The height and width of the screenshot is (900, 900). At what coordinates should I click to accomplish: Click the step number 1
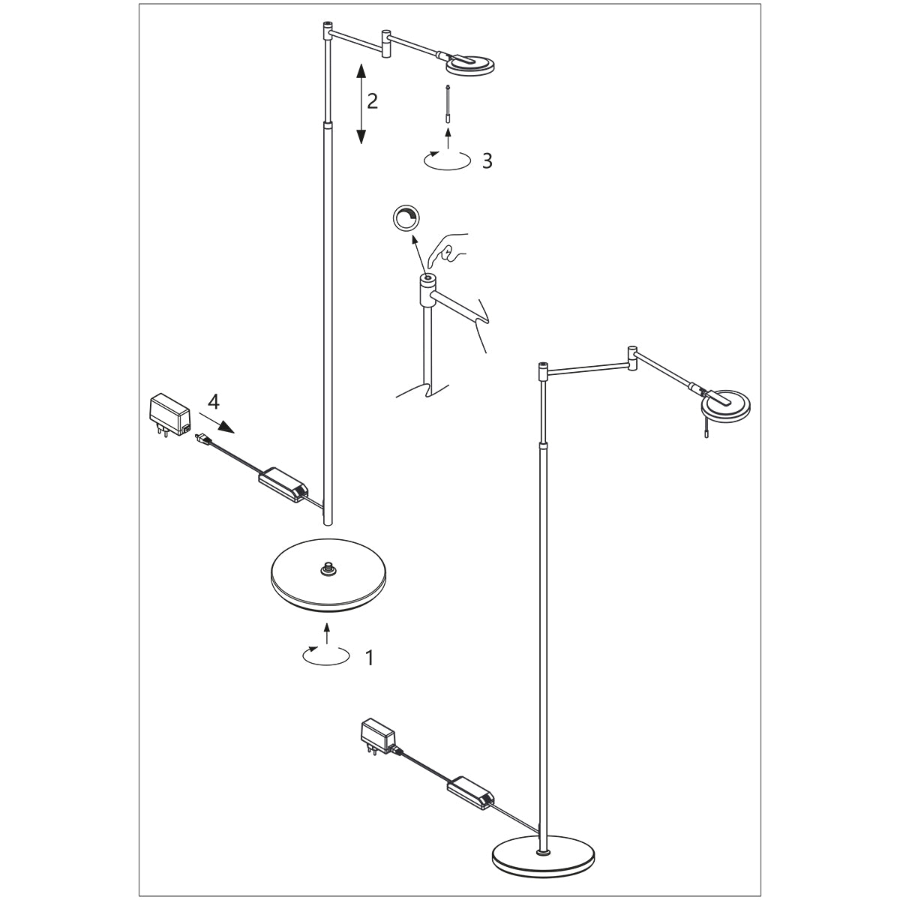[369, 658]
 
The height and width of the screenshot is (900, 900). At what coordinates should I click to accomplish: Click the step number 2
[371, 101]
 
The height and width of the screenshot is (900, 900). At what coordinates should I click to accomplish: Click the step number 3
[487, 160]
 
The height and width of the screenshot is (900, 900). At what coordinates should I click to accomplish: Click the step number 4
[213, 402]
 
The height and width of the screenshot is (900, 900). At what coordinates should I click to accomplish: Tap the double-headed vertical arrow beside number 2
[361, 104]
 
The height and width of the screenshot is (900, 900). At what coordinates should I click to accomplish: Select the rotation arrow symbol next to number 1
[325, 654]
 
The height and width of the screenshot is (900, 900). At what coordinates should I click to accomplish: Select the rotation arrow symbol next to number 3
[447, 159]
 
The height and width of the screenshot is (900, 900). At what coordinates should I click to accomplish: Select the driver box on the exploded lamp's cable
[283, 484]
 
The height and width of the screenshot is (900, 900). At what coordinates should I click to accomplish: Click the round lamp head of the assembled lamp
[724, 405]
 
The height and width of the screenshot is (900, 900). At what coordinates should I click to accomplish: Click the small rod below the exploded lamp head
[448, 103]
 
